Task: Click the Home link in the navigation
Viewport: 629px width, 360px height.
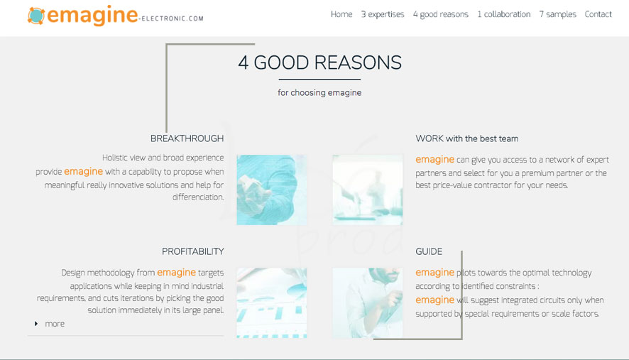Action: tap(341, 14)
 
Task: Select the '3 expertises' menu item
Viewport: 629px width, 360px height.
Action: tap(382, 14)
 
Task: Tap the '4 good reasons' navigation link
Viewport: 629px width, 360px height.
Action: tap(440, 14)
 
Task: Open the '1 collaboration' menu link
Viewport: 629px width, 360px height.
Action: tap(503, 14)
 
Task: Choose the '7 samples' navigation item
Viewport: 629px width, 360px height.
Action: tap(557, 14)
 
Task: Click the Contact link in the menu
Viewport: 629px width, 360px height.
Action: tap(598, 14)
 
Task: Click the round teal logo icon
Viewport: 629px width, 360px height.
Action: tap(36, 16)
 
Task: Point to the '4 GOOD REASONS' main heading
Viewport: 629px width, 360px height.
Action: tap(319, 62)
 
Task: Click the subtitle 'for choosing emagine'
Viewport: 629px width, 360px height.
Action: tap(319, 93)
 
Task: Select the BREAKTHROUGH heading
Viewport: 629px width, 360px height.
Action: tap(187, 138)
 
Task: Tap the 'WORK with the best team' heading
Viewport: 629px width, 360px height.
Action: tap(467, 138)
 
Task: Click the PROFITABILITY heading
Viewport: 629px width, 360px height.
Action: tap(193, 251)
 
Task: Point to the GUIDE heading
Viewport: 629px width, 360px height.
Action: tap(429, 251)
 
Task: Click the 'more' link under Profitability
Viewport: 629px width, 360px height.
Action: tap(55, 324)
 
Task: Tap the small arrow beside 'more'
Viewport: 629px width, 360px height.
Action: tap(36, 324)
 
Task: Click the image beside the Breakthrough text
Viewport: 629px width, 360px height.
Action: tap(272, 190)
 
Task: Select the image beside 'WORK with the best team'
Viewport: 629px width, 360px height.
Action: tap(368, 190)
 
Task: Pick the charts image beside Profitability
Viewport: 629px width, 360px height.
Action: tap(272, 303)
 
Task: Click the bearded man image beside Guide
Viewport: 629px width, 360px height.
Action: tap(368, 303)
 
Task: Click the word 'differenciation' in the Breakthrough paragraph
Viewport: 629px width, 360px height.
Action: tap(198, 197)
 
